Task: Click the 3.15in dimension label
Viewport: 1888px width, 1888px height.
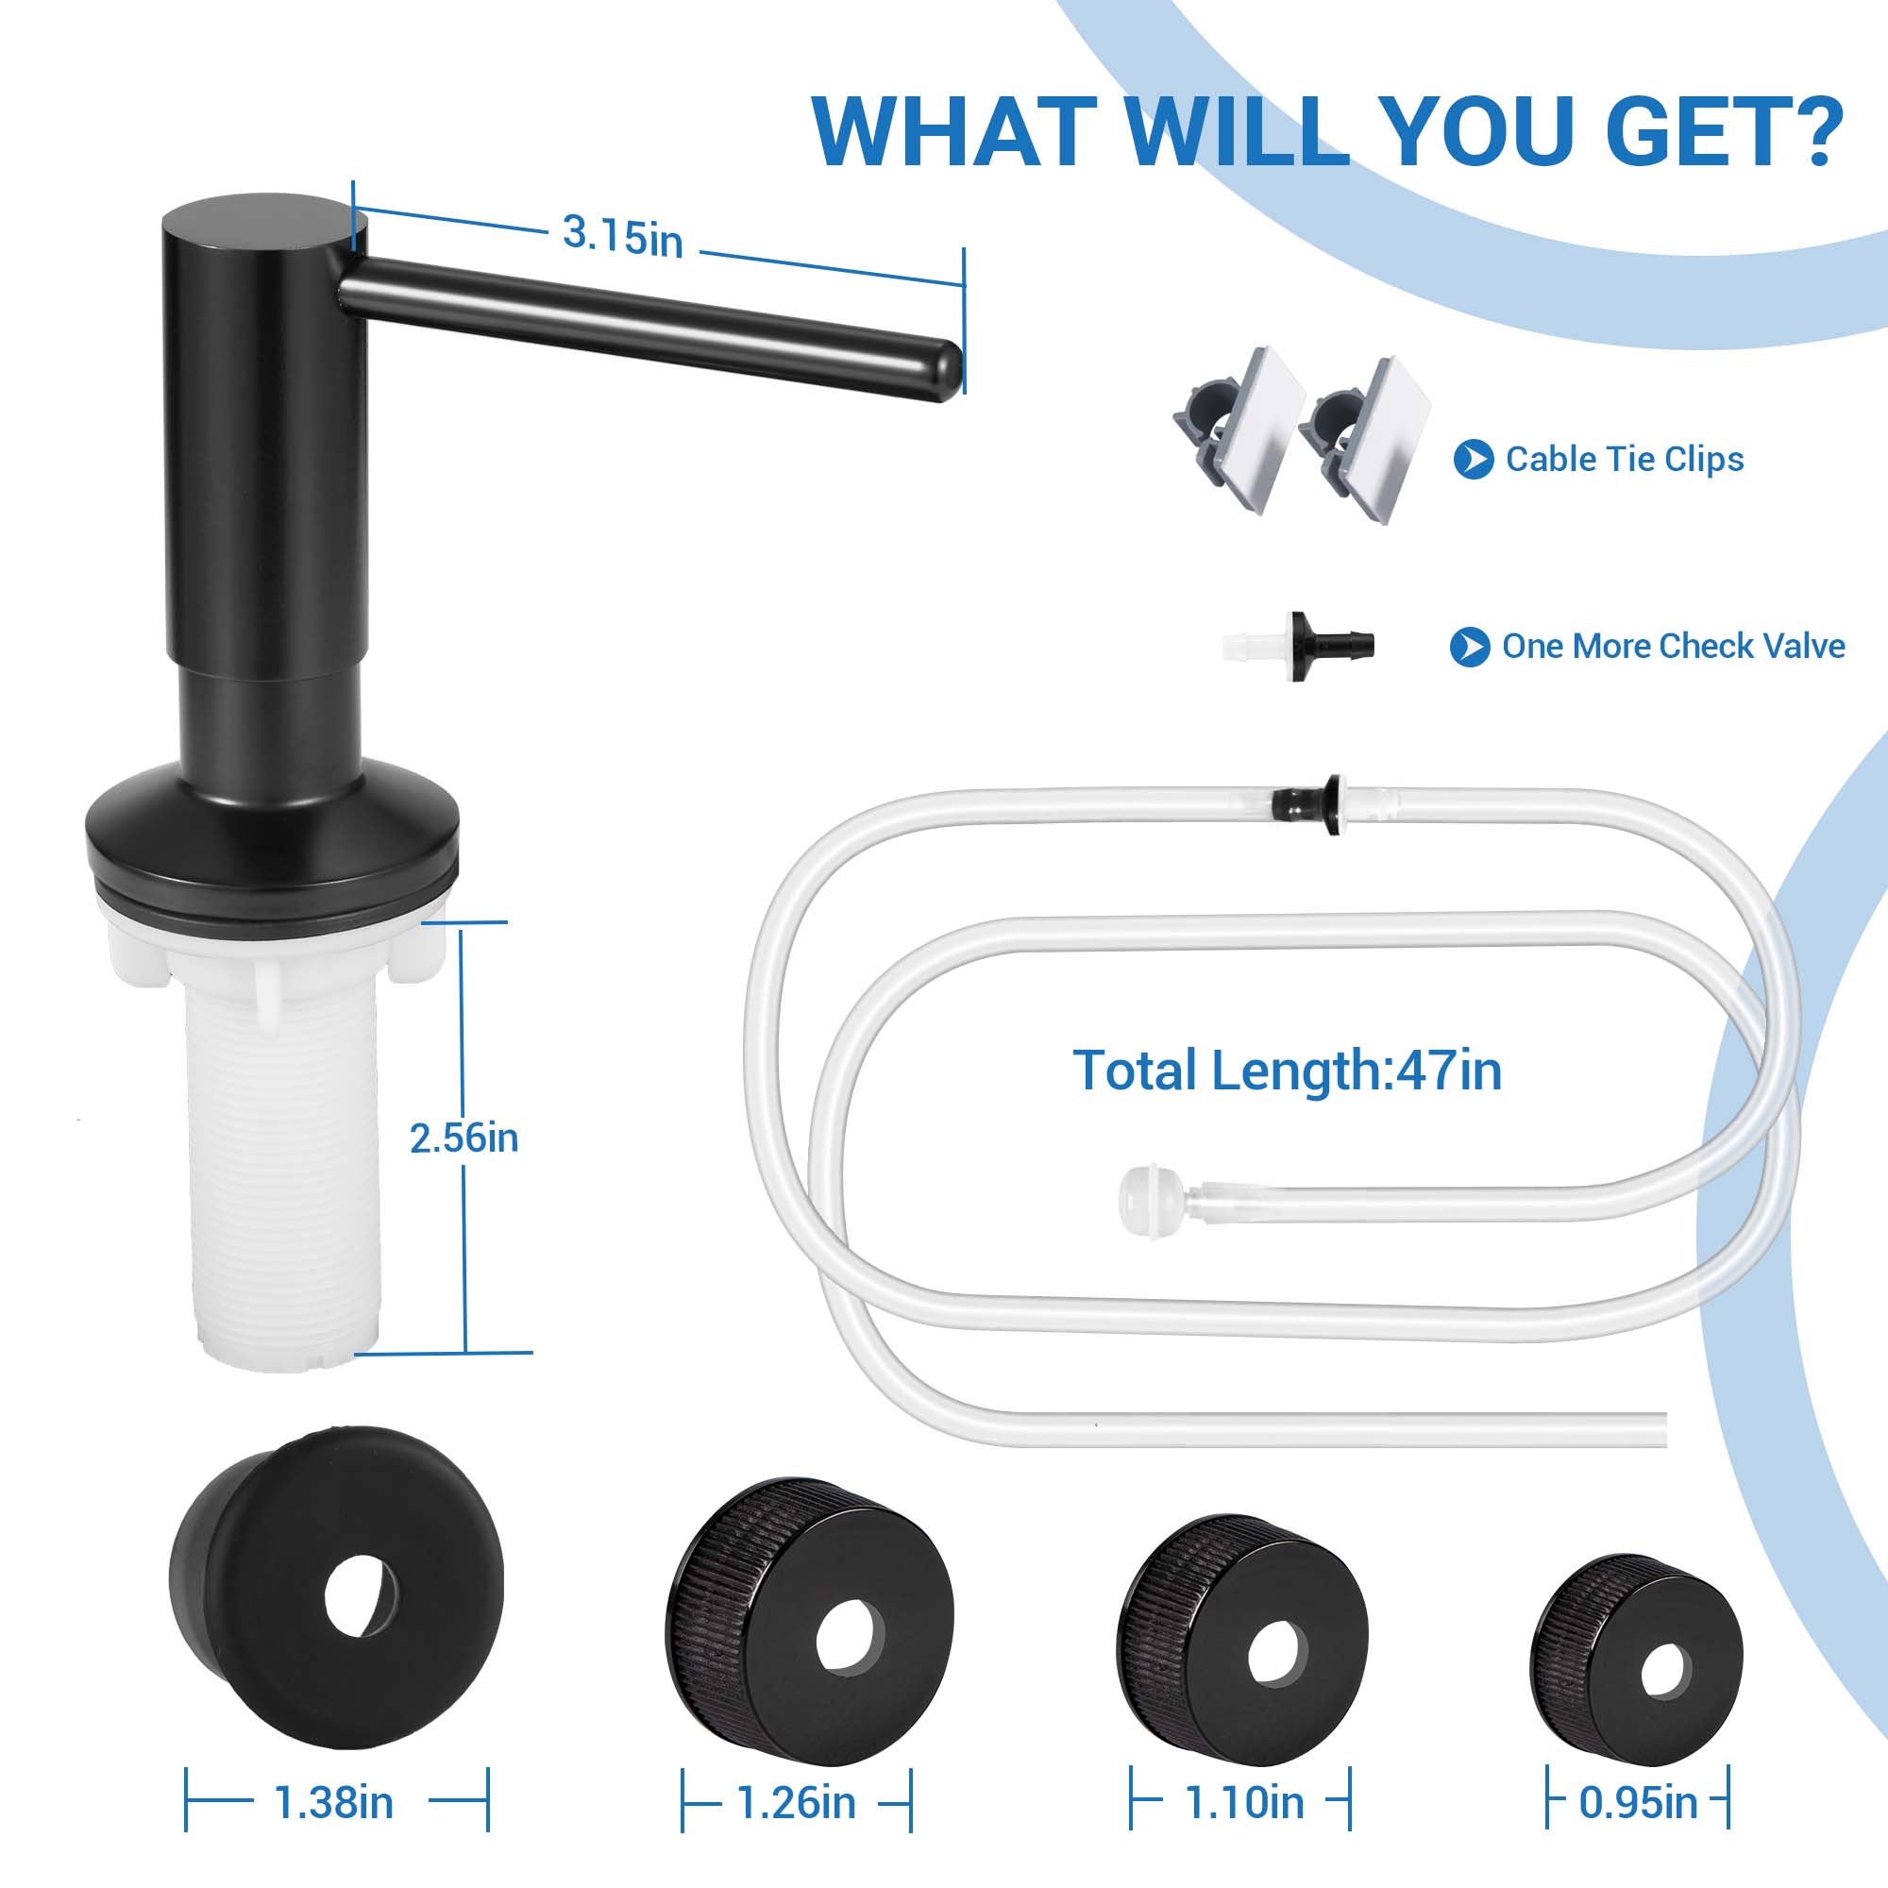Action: [x=622, y=237]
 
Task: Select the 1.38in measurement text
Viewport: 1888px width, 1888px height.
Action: [x=334, y=1803]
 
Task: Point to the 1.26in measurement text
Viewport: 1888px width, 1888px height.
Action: [x=797, y=1803]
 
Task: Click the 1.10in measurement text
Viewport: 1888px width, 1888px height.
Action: [x=1244, y=1803]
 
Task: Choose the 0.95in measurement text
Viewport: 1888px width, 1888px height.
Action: [x=1638, y=1803]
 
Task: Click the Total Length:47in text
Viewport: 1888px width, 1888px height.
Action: [x=1287, y=1070]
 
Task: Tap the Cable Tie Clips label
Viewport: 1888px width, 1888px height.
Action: [x=1624, y=460]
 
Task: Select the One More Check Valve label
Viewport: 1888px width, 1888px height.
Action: [x=1673, y=646]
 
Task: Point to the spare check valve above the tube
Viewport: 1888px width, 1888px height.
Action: [x=1300, y=646]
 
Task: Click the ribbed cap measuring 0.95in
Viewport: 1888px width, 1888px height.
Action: [x=1637, y=1661]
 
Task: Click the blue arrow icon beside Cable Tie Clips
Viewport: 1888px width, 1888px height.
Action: [x=1474, y=460]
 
